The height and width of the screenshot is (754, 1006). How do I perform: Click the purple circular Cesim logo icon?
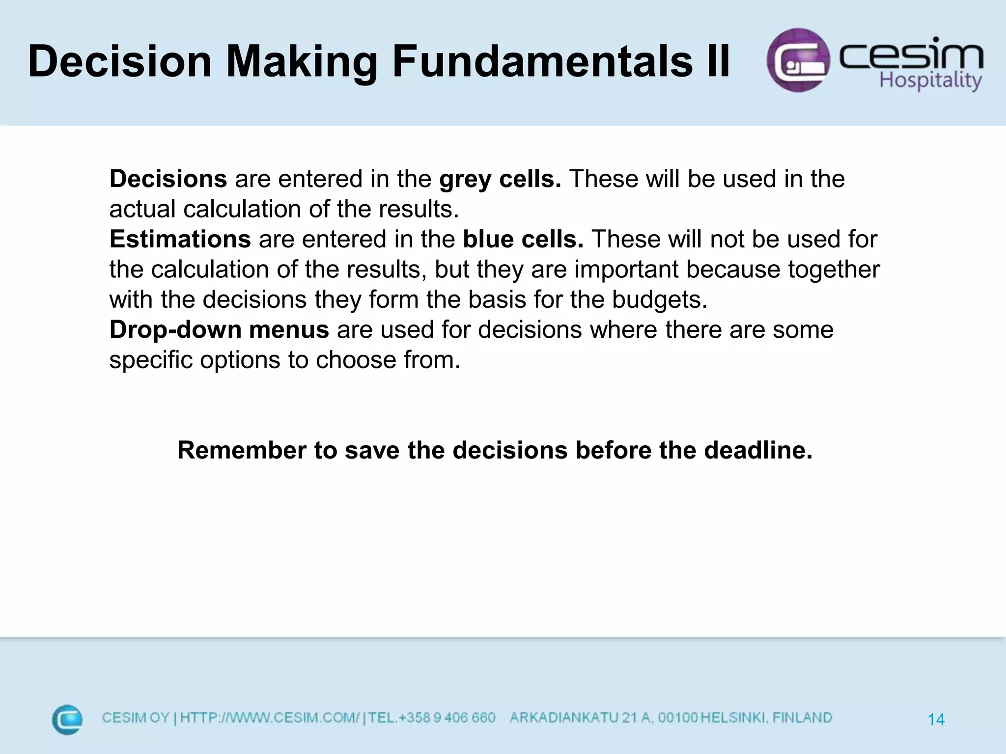coord(798,60)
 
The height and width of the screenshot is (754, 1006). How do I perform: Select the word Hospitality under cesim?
coord(930,81)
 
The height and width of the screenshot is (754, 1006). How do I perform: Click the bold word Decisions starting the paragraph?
coord(168,179)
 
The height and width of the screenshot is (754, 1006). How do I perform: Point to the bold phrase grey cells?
coord(500,179)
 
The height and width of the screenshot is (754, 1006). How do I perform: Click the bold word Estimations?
coord(180,239)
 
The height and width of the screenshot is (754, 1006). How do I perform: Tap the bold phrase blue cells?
coord(523,239)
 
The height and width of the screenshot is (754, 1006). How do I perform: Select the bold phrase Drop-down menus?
coord(219,329)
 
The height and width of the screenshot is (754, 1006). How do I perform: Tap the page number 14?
coord(936,720)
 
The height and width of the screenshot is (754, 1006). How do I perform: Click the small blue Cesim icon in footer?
coord(67,720)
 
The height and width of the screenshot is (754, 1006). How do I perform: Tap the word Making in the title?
coord(302,61)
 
